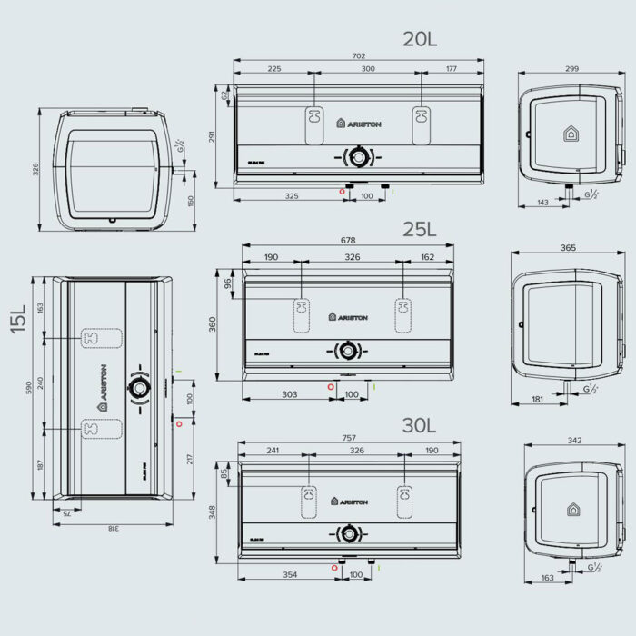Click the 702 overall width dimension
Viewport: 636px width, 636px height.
pyautogui.click(x=358, y=55)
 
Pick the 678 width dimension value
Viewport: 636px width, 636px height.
pyautogui.click(x=348, y=241)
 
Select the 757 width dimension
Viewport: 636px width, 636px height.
pyautogui.click(x=349, y=437)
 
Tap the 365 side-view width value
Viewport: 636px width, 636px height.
pyautogui.click(x=568, y=248)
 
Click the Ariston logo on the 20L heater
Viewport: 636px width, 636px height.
pyautogui.click(x=359, y=123)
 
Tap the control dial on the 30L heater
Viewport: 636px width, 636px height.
pyautogui.click(x=347, y=532)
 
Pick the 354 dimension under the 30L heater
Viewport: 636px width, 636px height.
pyautogui.click(x=290, y=574)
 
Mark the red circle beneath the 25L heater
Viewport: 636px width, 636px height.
pyautogui.click(x=331, y=385)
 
